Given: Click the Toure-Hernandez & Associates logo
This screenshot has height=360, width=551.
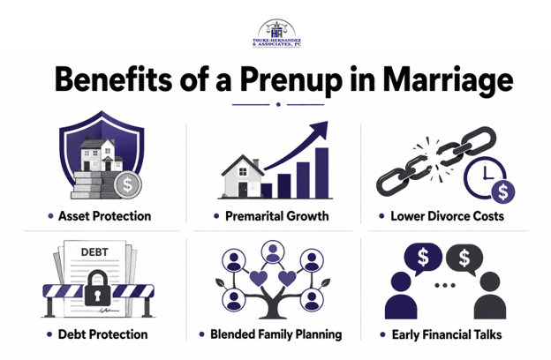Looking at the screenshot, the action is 276,34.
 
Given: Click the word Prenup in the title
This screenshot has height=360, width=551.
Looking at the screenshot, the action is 291,80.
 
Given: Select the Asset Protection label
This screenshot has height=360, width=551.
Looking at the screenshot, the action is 104,216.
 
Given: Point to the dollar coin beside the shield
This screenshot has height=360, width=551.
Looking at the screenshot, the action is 127,184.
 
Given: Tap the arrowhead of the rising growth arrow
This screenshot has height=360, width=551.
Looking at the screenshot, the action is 320,130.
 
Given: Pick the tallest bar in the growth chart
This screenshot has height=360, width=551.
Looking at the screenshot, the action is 322,173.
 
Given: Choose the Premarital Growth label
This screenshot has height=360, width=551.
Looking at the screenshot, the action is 277,216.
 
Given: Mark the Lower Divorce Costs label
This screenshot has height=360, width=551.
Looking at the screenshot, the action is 448,216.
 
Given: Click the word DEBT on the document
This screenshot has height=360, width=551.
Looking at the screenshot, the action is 94,251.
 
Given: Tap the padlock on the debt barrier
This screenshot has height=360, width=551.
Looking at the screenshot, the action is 97,288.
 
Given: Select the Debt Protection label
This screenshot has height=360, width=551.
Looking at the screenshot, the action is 102,334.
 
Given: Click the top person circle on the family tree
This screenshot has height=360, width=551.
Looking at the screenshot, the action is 273,252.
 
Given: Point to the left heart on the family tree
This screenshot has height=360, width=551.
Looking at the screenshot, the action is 259,278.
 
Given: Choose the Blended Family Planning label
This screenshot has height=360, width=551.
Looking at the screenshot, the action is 275,334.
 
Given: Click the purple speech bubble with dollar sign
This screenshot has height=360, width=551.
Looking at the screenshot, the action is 423,259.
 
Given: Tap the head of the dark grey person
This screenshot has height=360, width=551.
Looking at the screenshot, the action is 490,281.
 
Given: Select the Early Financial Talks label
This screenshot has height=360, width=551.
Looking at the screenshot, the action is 447,334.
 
